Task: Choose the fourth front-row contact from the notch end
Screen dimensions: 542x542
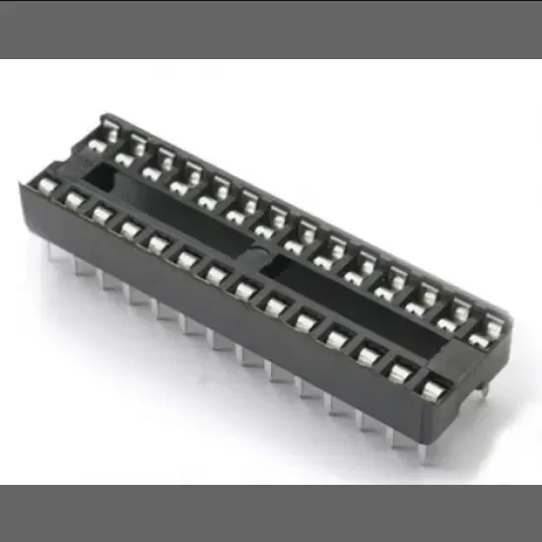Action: point(129,229)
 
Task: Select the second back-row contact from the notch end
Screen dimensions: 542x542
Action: point(124,155)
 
